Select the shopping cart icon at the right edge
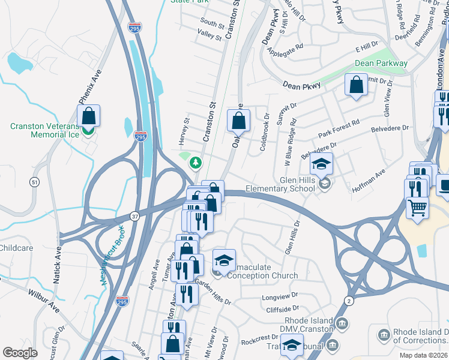418,208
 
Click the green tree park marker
195,162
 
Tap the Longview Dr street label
279,298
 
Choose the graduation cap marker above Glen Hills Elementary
321,164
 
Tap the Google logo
20,353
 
